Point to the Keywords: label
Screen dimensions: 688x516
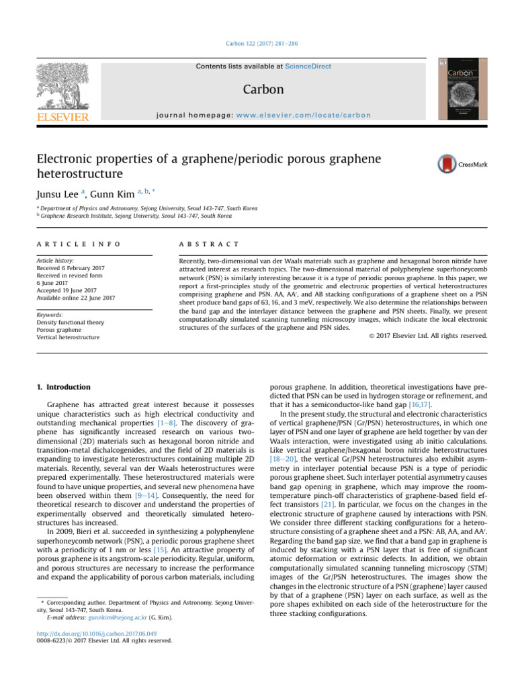coord(51,314)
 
